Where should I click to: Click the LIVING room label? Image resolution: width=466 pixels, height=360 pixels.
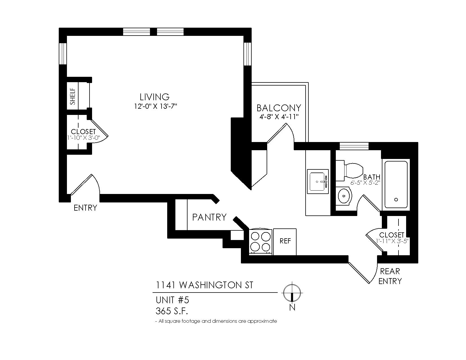[154, 97]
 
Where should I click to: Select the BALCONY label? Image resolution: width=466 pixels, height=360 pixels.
[279, 108]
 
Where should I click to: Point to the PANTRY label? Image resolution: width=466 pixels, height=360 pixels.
[209, 217]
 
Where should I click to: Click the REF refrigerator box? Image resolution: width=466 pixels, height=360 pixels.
[285, 242]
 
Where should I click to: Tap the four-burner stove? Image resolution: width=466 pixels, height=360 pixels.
[260, 242]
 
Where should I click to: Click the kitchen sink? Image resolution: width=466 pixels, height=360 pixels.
[318, 181]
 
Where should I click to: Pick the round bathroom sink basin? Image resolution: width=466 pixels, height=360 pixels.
[343, 196]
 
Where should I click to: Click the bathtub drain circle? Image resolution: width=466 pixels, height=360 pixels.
[396, 200]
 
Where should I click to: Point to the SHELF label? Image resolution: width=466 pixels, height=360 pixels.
[73, 96]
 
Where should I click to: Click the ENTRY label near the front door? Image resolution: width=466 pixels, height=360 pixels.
[85, 208]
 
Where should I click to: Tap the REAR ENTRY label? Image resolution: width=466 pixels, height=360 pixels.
[390, 276]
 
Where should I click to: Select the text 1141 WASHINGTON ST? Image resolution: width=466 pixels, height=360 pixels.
[204, 285]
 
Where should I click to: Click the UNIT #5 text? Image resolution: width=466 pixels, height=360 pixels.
[172, 300]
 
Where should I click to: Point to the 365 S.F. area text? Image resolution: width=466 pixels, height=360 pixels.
[172, 311]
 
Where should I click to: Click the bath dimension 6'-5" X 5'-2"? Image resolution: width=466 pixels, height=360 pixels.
[365, 183]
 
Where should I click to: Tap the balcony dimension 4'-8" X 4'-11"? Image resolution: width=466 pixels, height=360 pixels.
[279, 117]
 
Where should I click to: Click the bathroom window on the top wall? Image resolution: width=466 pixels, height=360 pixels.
[354, 146]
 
